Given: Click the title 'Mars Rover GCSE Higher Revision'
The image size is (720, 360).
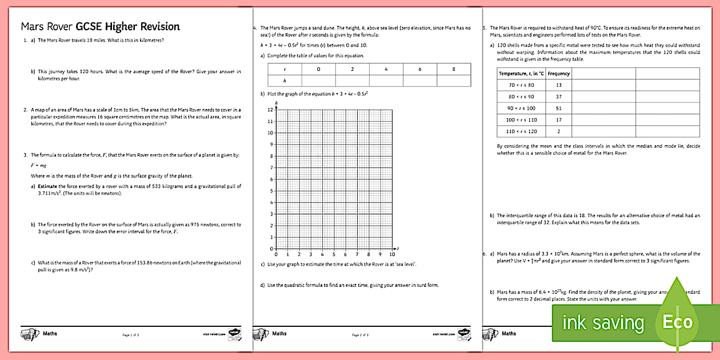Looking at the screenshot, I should (100, 26).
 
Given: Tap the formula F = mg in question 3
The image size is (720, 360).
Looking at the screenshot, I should (38, 165).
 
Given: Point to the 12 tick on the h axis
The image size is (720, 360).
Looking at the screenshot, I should (270, 110).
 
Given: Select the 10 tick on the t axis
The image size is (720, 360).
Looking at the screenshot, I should (391, 254).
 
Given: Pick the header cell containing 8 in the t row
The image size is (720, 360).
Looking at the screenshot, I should (454, 69).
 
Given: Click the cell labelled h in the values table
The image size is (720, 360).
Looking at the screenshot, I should (284, 81).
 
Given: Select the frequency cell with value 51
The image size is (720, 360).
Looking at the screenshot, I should (558, 108).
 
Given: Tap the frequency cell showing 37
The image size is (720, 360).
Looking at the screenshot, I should (558, 97).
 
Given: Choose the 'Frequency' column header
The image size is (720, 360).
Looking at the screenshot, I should (558, 73).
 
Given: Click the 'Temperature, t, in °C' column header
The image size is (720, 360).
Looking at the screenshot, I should (521, 73).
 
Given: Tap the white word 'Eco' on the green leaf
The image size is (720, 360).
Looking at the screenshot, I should (677, 322).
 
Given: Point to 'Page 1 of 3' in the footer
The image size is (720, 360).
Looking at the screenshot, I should (131, 334).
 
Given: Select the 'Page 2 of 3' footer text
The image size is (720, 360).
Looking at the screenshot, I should (360, 334).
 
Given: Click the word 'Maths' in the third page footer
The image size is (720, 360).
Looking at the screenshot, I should (509, 333).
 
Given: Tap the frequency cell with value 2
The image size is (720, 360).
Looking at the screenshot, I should (558, 131).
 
